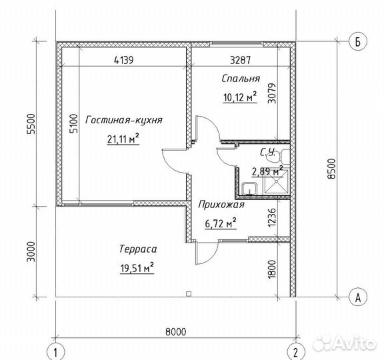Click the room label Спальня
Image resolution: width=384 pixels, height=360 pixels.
pos(241,79)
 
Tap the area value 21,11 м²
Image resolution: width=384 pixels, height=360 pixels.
pos(123,139)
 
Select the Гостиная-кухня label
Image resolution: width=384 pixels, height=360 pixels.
pos(124,120)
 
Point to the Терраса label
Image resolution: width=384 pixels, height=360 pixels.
pos(138,249)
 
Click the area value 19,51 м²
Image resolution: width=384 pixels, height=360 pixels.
pos(137,268)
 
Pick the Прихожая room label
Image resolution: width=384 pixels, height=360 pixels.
pos(221,205)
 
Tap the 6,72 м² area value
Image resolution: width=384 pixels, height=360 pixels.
pos(221,223)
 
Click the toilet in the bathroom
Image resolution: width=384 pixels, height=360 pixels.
pos(279,156)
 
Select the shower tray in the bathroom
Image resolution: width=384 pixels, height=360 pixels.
pos(276,181)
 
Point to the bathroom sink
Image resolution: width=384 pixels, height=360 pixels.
pos(249,189)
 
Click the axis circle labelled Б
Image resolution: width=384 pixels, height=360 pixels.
pos(358,41)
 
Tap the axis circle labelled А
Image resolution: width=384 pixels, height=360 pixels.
pos(358,297)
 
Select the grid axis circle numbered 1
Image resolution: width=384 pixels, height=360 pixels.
pos(55,352)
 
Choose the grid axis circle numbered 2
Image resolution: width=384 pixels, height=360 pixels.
pos(295,352)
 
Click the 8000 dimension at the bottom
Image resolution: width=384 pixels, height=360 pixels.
pos(175,332)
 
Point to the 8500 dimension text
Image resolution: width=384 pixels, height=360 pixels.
pos(331,169)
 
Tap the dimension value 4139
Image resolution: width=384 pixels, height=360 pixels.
pos(124,60)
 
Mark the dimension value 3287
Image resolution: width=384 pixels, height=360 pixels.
pos(241,60)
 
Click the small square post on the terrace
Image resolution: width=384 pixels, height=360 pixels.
pos(189,294)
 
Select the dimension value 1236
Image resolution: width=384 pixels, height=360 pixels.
pos(272,217)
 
